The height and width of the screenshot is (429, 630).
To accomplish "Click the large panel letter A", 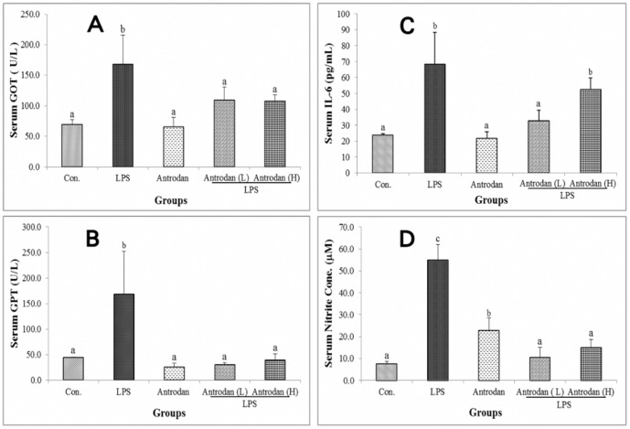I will click(94, 27).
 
